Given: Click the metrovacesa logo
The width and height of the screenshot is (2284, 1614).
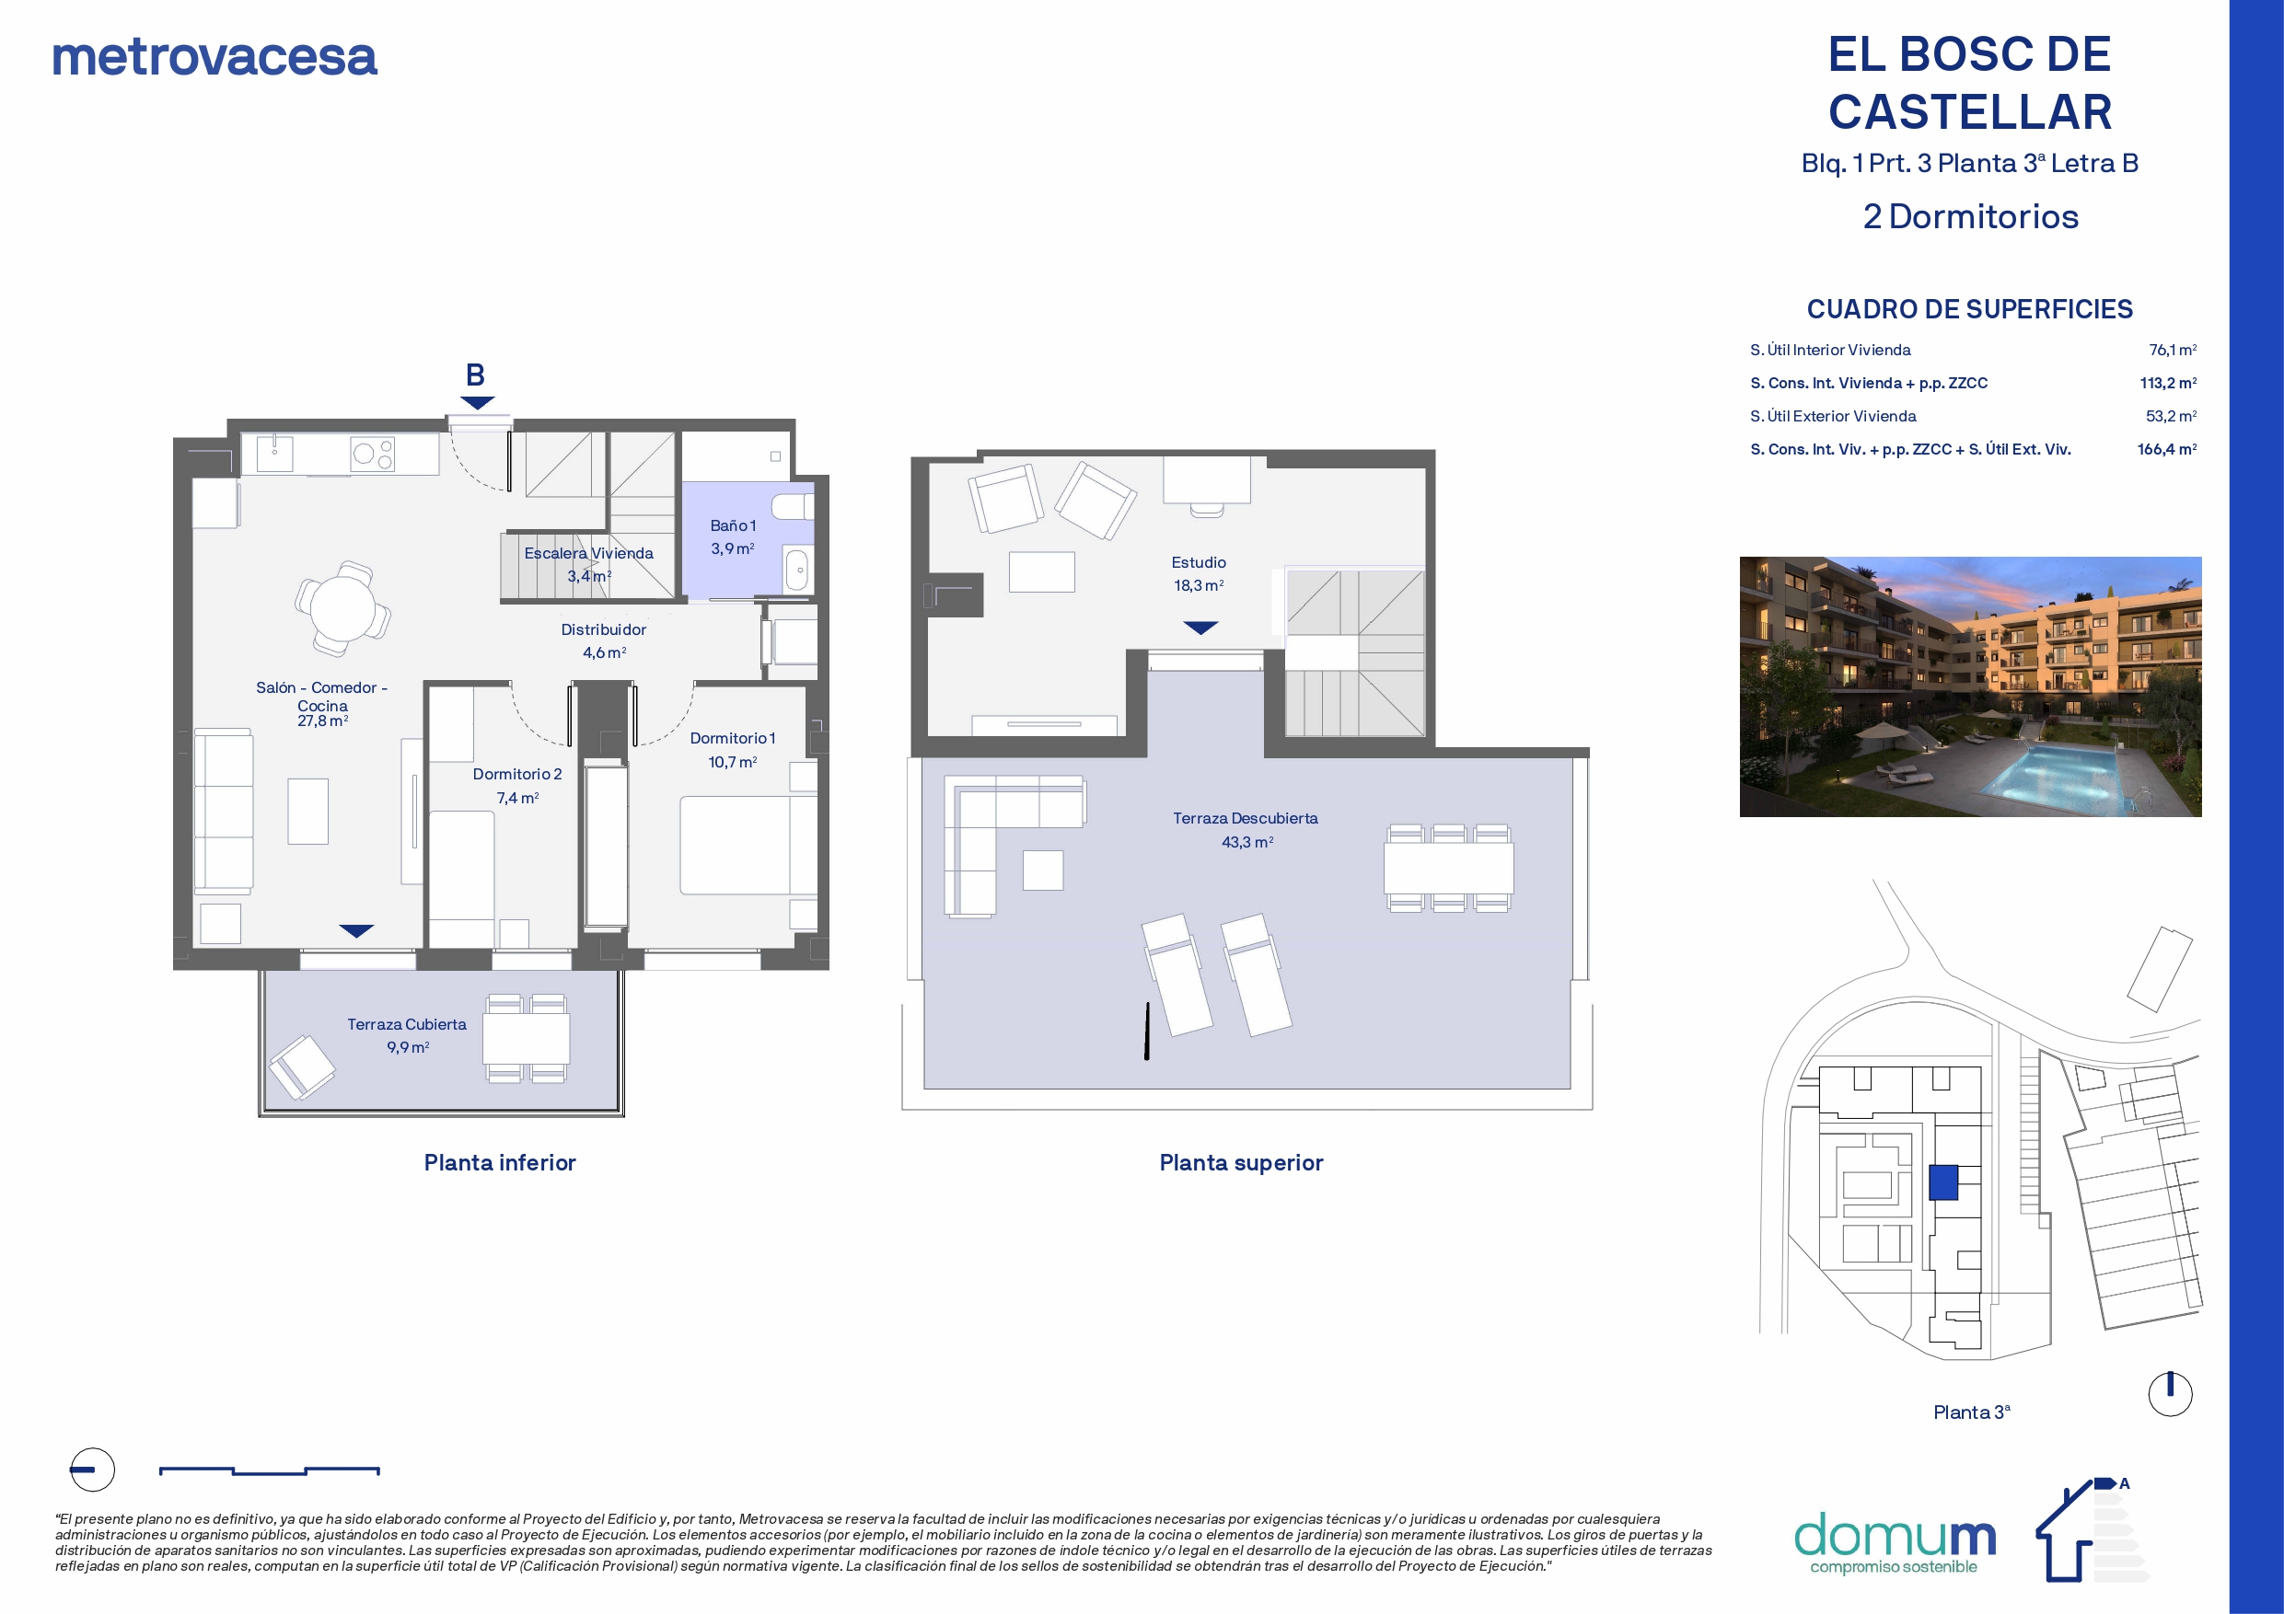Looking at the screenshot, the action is coord(214,57).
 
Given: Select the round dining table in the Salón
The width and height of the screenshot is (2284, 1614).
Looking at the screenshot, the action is coord(343,607).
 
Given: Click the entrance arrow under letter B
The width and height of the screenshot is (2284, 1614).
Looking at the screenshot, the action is coord(478,403).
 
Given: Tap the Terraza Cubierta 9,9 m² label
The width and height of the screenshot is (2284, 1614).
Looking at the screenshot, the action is coord(407,1035).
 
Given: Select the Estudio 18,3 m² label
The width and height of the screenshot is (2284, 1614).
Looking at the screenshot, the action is coord(1199,574).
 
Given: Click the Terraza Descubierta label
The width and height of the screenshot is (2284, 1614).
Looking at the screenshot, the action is coord(1246,818).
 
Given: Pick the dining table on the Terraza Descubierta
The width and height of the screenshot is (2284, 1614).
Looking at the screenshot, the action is coord(1448,868).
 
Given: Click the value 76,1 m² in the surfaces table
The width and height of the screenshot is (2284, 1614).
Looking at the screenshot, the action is coord(2173,350).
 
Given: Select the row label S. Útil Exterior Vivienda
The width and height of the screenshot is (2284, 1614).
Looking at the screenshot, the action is coord(1833,417).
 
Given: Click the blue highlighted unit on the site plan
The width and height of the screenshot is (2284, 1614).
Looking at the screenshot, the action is coord(1943,1182).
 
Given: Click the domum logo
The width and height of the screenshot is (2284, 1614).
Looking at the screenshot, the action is coord(1895,1542).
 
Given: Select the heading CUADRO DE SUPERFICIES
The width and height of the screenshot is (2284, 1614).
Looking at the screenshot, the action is coord(1970,309).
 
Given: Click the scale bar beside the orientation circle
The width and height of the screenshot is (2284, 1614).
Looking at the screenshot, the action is coord(270,1470).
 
